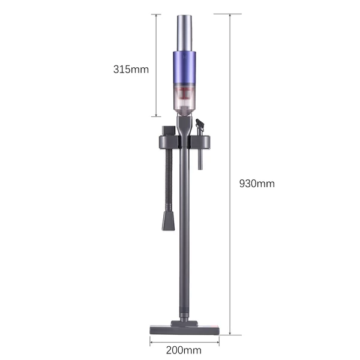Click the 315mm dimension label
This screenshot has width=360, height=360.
(131, 70)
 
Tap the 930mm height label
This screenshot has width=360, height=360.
(257, 184)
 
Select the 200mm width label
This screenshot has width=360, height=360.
(184, 350)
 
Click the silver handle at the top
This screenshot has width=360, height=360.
(184, 34)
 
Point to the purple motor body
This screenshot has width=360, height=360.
(184, 68)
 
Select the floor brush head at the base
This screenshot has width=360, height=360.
(185, 328)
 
